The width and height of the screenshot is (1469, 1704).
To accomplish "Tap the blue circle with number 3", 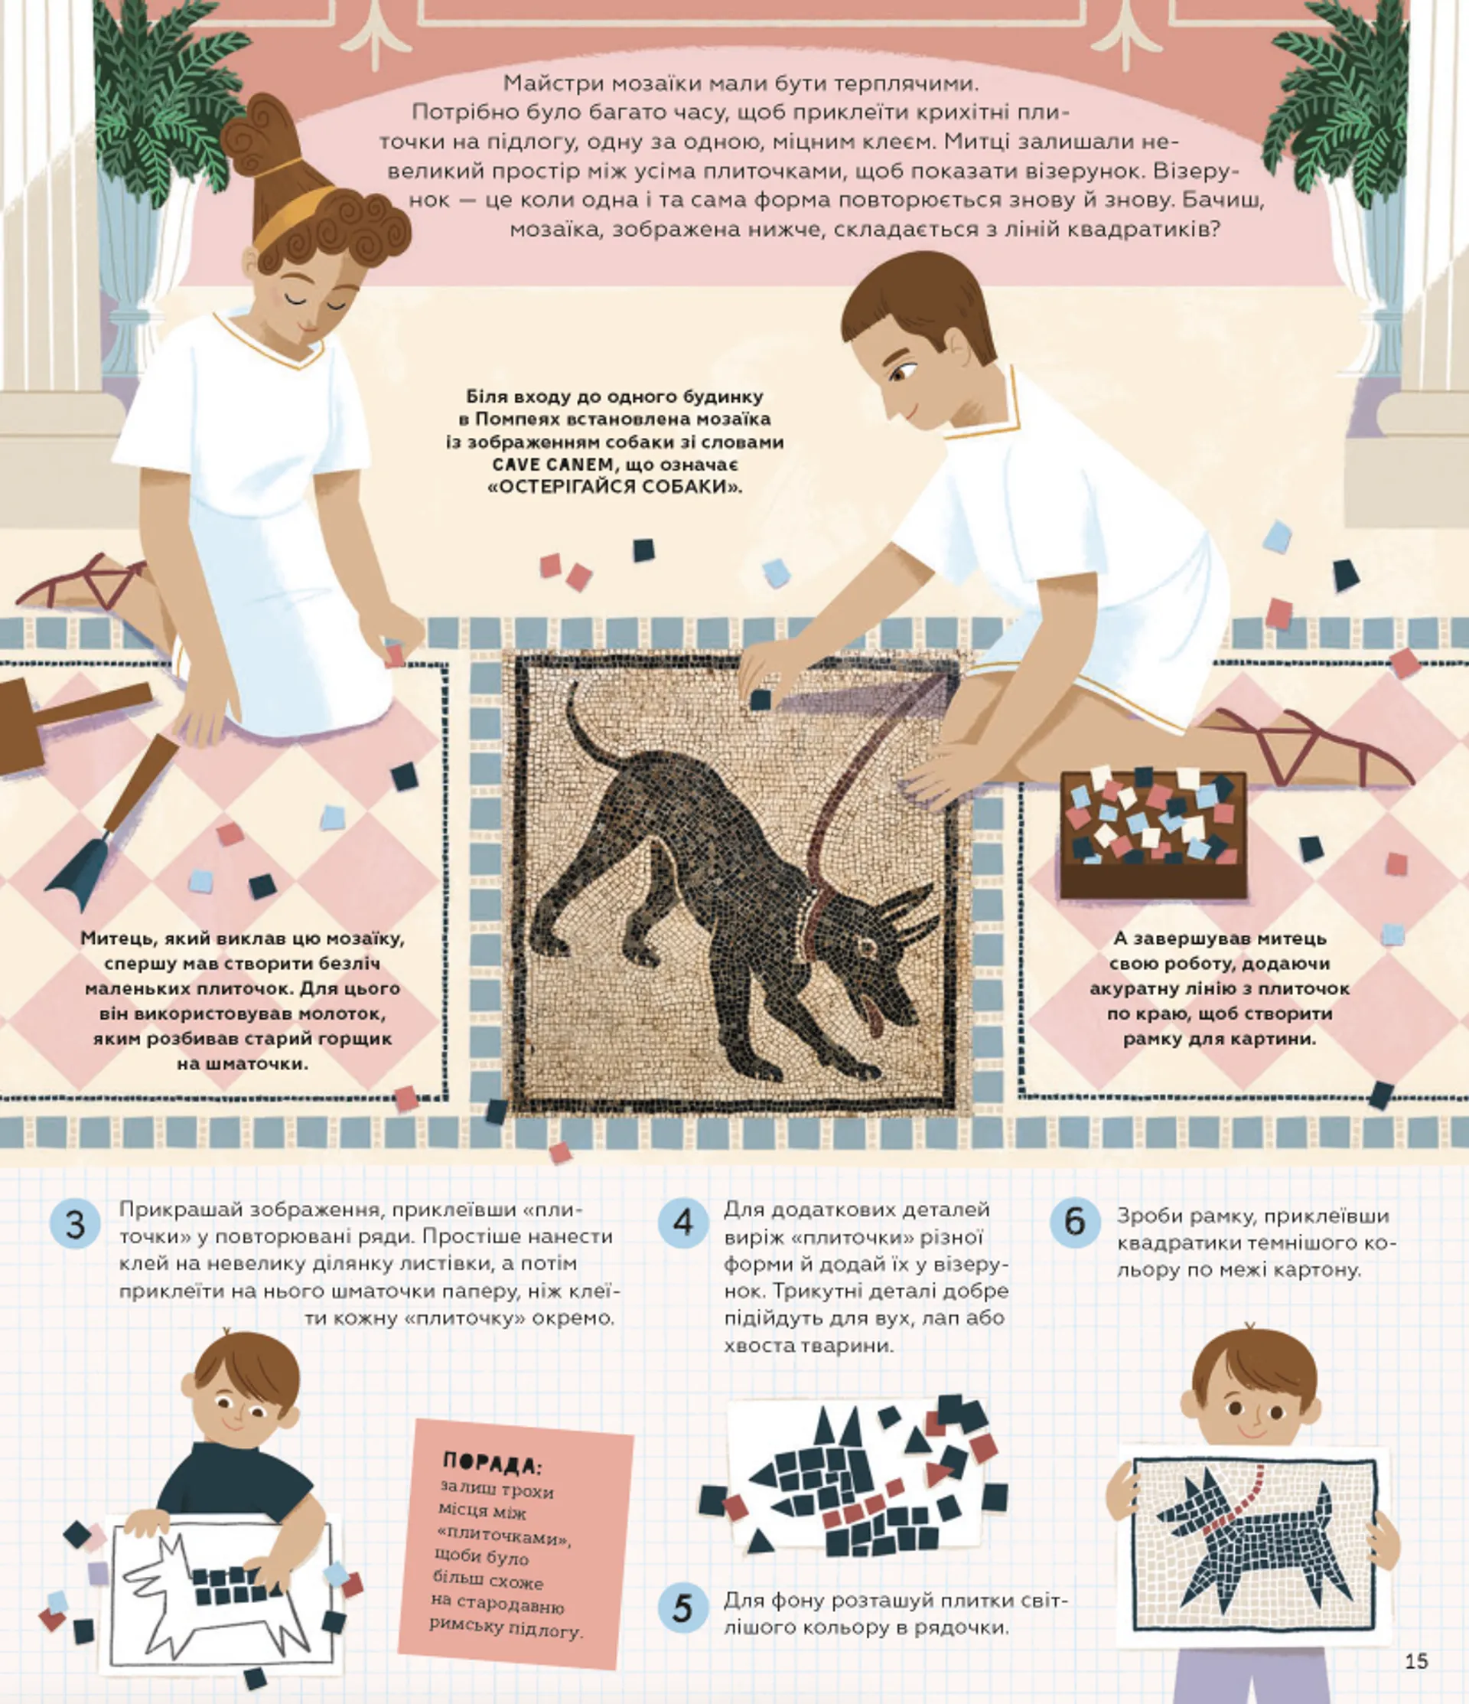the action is coord(75,1225).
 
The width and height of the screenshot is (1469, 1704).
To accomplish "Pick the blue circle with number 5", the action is coord(683,1608).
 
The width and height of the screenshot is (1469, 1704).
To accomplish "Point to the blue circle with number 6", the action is coord(1074,1221).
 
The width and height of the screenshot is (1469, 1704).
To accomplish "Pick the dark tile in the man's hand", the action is coord(761,700).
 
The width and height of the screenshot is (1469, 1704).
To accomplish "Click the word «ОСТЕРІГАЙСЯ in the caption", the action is coord(559,487).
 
